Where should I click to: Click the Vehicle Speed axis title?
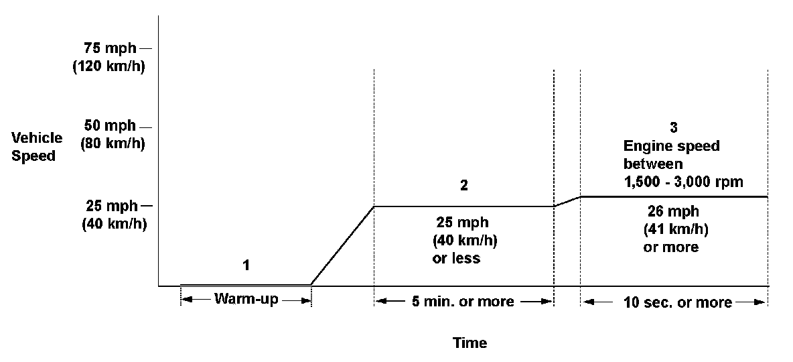click(38, 147)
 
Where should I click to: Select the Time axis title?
click(470, 343)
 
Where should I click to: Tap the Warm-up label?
click(246, 299)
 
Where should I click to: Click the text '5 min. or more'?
click(463, 302)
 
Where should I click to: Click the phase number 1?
click(246, 265)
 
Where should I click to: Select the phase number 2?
click(464, 186)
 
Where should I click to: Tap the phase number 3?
click(674, 127)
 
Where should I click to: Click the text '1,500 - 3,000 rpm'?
click(683, 182)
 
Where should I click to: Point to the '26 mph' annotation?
click(674, 212)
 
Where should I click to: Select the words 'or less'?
click(457, 258)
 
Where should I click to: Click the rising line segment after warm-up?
click(342, 245)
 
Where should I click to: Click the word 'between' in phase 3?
click(653, 164)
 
